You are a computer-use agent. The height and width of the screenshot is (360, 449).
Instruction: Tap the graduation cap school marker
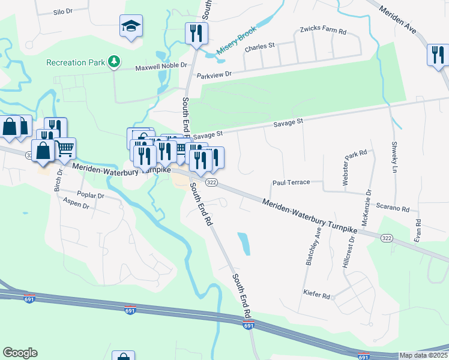tap(131, 26)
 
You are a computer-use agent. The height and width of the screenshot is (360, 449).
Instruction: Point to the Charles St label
tap(259, 46)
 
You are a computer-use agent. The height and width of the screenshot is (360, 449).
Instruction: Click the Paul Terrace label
tap(291, 182)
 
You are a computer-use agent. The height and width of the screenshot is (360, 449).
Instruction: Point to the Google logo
tap(20, 353)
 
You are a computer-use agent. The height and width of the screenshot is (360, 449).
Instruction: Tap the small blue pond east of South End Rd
tap(244, 243)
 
